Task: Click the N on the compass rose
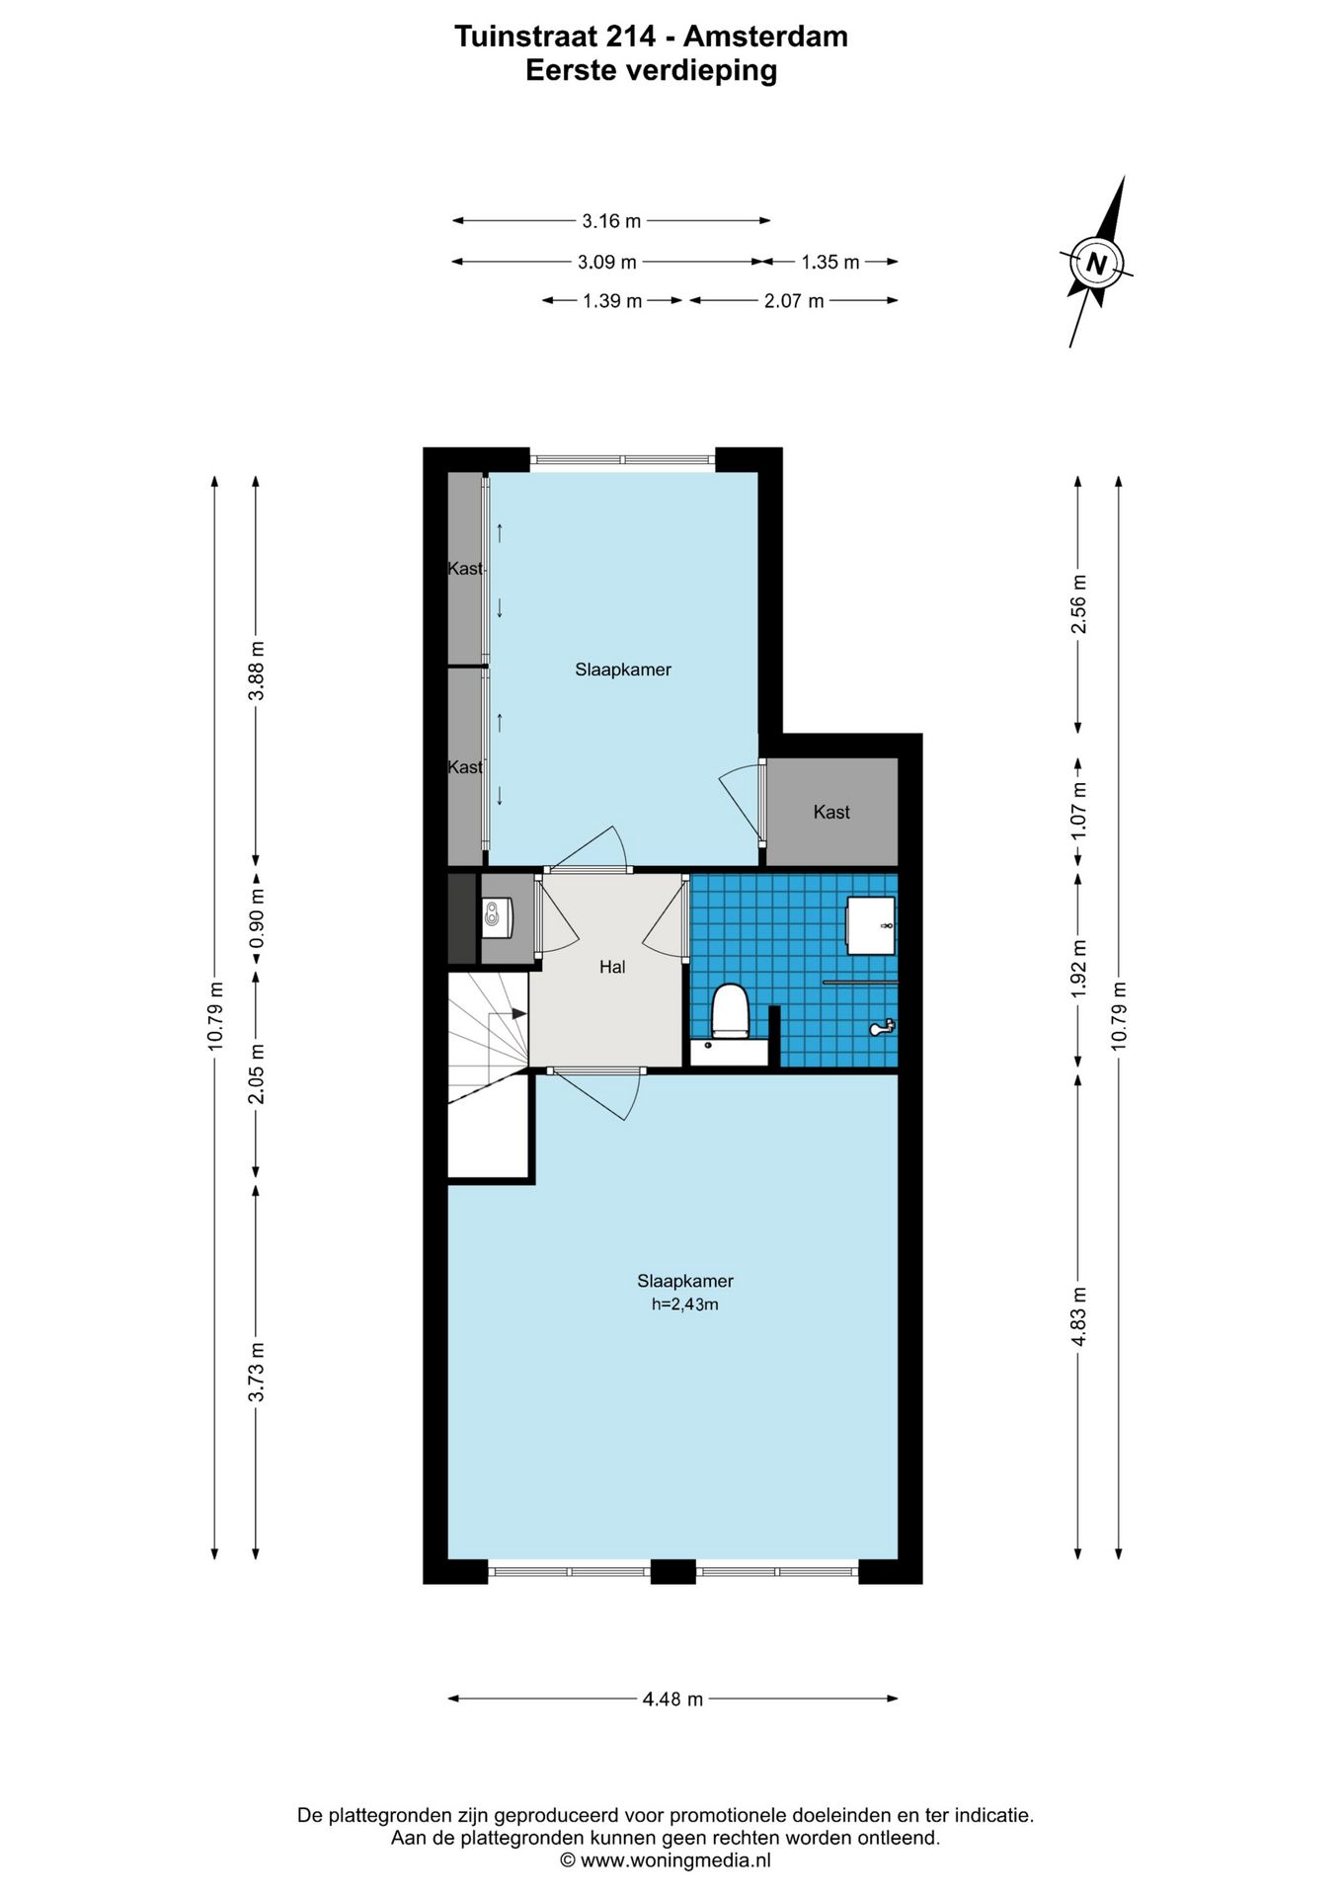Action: [x=1095, y=264]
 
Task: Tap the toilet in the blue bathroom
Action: [x=731, y=1010]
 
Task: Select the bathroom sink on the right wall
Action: [x=870, y=926]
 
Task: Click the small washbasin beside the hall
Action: [x=496, y=917]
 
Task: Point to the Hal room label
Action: [x=612, y=967]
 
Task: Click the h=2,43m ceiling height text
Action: [x=684, y=1304]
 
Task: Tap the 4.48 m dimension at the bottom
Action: [x=672, y=1699]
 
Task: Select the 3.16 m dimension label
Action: [x=611, y=221]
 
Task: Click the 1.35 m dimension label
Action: [x=830, y=262]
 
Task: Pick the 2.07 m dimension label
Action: [x=794, y=300]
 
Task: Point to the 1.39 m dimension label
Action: [x=612, y=300]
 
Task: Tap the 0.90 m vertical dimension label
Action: [x=257, y=918]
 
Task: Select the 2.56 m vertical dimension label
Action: [x=1079, y=604]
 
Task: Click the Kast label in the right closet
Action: [x=831, y=812]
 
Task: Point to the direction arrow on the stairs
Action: [x=515, y=1013]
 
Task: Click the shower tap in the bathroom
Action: [x=882, y=1028]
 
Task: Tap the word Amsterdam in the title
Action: [x=765, y=37]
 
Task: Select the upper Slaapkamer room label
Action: [x=623, y=670]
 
